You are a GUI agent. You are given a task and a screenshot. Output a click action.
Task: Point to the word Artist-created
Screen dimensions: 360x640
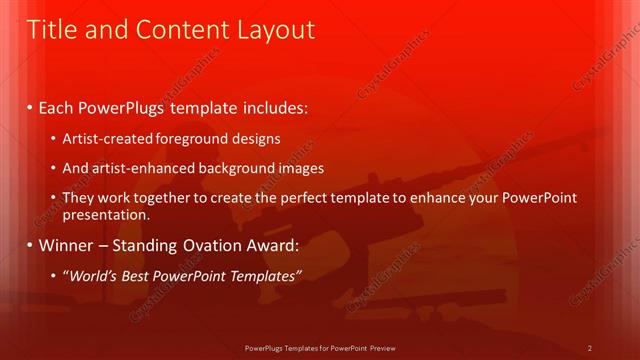[x=104, y=138]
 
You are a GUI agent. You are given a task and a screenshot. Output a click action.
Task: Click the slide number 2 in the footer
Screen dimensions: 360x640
[x=590, y=348]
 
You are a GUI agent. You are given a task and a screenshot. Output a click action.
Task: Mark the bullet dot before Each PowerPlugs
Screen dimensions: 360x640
[x=30, y=106]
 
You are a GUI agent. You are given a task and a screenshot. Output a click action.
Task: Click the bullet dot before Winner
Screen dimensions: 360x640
[x=30, y=244]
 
